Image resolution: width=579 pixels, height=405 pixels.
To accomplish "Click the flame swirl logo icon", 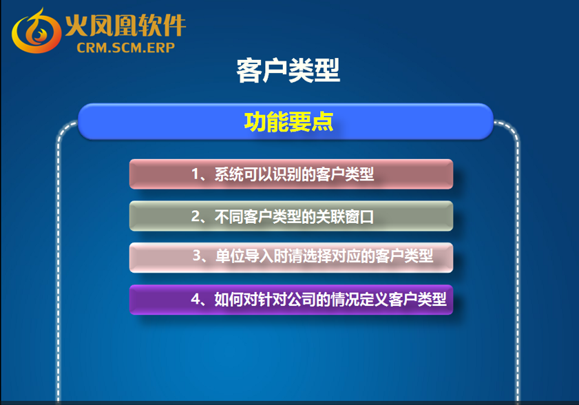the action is click(36, 32).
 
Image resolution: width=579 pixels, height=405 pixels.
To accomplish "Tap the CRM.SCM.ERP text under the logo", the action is click(126, 48).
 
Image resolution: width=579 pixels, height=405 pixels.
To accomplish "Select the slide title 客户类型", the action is click(288, 70).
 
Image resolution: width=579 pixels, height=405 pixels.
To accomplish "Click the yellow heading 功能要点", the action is click(288, 122).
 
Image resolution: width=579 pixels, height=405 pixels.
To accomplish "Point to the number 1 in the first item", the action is click(196, 174).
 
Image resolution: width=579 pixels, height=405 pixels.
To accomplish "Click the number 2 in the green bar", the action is click(196, 216).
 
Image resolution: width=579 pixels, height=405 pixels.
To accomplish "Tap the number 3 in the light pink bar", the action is click(197, 256).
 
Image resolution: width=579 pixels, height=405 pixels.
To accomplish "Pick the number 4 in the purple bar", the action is click(196, 298).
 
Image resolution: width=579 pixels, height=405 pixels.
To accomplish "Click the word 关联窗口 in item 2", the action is click(345, 216).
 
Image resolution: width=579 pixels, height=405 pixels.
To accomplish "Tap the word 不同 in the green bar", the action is click(229, 216).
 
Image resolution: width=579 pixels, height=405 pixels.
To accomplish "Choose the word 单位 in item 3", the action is click(230, 256).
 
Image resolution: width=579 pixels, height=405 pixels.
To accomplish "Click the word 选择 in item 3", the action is click(317, 256).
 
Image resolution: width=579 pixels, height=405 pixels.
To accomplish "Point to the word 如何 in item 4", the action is click(229, 299).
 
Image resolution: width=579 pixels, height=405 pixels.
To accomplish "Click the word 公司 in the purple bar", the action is click(302, 299).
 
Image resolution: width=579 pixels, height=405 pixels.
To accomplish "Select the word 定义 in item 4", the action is click(374, 299).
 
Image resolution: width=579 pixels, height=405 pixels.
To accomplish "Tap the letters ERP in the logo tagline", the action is click(161, 48).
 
